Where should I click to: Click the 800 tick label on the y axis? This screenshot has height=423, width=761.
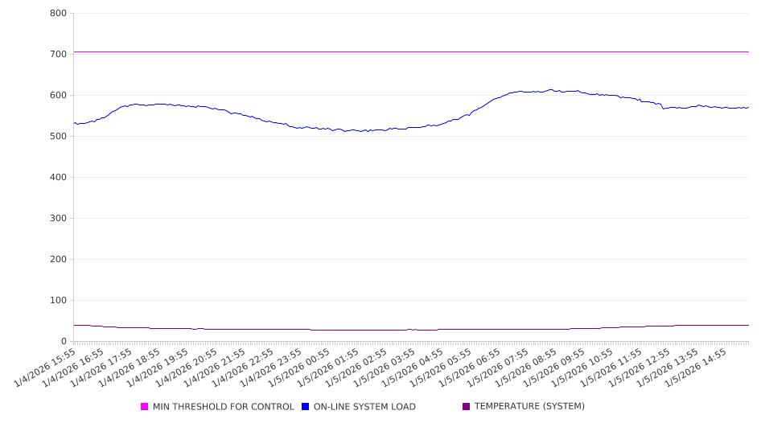57,14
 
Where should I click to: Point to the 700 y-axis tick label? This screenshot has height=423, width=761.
57,55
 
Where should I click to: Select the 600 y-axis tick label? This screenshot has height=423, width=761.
57,96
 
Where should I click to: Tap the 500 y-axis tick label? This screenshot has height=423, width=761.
57,137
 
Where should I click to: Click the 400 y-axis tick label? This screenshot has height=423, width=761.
57,178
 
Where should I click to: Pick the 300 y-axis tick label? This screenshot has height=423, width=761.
57,219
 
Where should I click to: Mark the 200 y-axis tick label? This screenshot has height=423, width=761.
57,260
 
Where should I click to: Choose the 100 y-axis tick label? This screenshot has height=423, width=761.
57,301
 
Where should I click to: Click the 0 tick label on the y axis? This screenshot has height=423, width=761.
64,342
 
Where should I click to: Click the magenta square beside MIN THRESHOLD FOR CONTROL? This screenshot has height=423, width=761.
145,407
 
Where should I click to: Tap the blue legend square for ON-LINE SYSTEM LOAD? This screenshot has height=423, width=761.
306,407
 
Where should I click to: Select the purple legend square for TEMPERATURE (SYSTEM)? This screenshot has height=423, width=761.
467,407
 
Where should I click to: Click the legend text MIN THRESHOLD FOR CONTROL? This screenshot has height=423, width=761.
224,407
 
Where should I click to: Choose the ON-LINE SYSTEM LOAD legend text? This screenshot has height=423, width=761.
364,407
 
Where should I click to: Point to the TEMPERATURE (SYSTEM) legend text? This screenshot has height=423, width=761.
529,407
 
